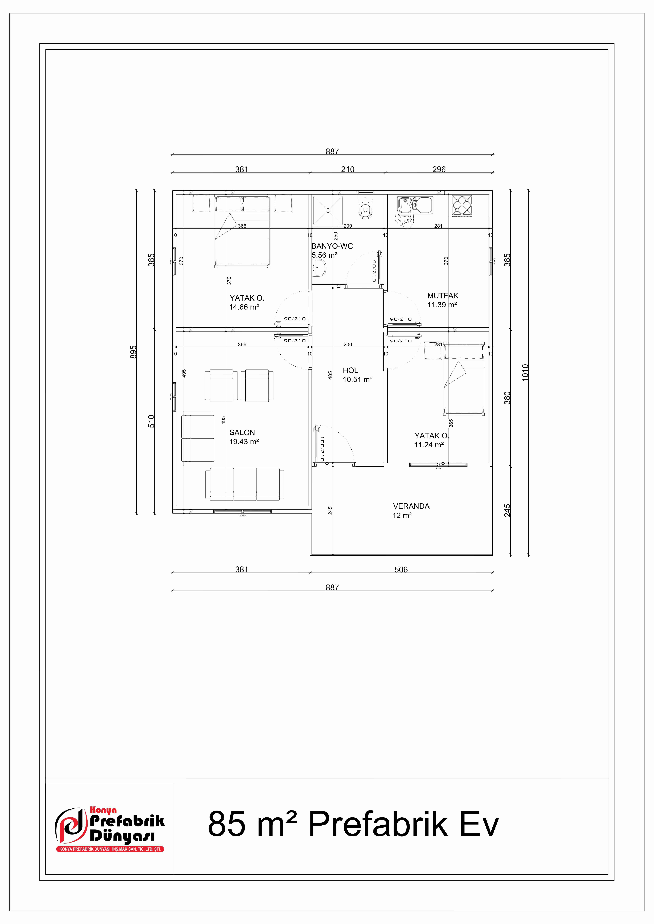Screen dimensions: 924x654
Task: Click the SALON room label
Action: (242, 433)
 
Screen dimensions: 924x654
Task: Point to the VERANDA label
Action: (411, 506)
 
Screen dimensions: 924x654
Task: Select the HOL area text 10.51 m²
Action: (357, 380)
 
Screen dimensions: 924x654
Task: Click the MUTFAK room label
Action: (443, 296)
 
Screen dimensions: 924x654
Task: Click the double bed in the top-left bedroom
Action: (242, 231)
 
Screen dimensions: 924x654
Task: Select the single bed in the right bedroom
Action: (464, 379)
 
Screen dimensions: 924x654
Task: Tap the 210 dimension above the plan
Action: (347, 169)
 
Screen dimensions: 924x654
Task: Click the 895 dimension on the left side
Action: (133, 352)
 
